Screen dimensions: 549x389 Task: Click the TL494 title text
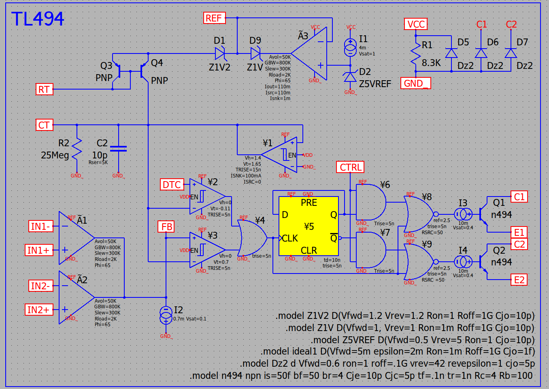(38, 19)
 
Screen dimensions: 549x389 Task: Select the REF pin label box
(215, 18)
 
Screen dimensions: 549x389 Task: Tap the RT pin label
(45, 89)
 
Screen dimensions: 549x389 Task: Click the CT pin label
(45, 125)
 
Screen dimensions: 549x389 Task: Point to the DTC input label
(172, 184)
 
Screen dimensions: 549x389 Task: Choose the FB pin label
(166, 227)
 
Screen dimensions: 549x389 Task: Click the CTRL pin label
(350, 167)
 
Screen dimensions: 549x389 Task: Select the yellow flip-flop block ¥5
(309, 226)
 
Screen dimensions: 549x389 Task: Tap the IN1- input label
(40, 226)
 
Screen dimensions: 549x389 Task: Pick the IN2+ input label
(39, 310)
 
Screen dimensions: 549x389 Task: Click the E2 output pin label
(519, 280)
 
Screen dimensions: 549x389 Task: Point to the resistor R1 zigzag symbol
(416, 53)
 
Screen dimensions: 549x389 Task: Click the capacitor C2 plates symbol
(118, 149)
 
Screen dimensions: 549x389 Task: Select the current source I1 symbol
(350, 47)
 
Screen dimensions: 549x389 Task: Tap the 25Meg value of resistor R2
(55, 155)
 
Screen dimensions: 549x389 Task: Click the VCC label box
(416, 24)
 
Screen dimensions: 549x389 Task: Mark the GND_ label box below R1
(415, 83)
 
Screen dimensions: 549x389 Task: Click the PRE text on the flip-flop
(309, 203)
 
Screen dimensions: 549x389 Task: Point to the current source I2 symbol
(166, 315)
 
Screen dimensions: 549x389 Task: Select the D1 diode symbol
(220, 53)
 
